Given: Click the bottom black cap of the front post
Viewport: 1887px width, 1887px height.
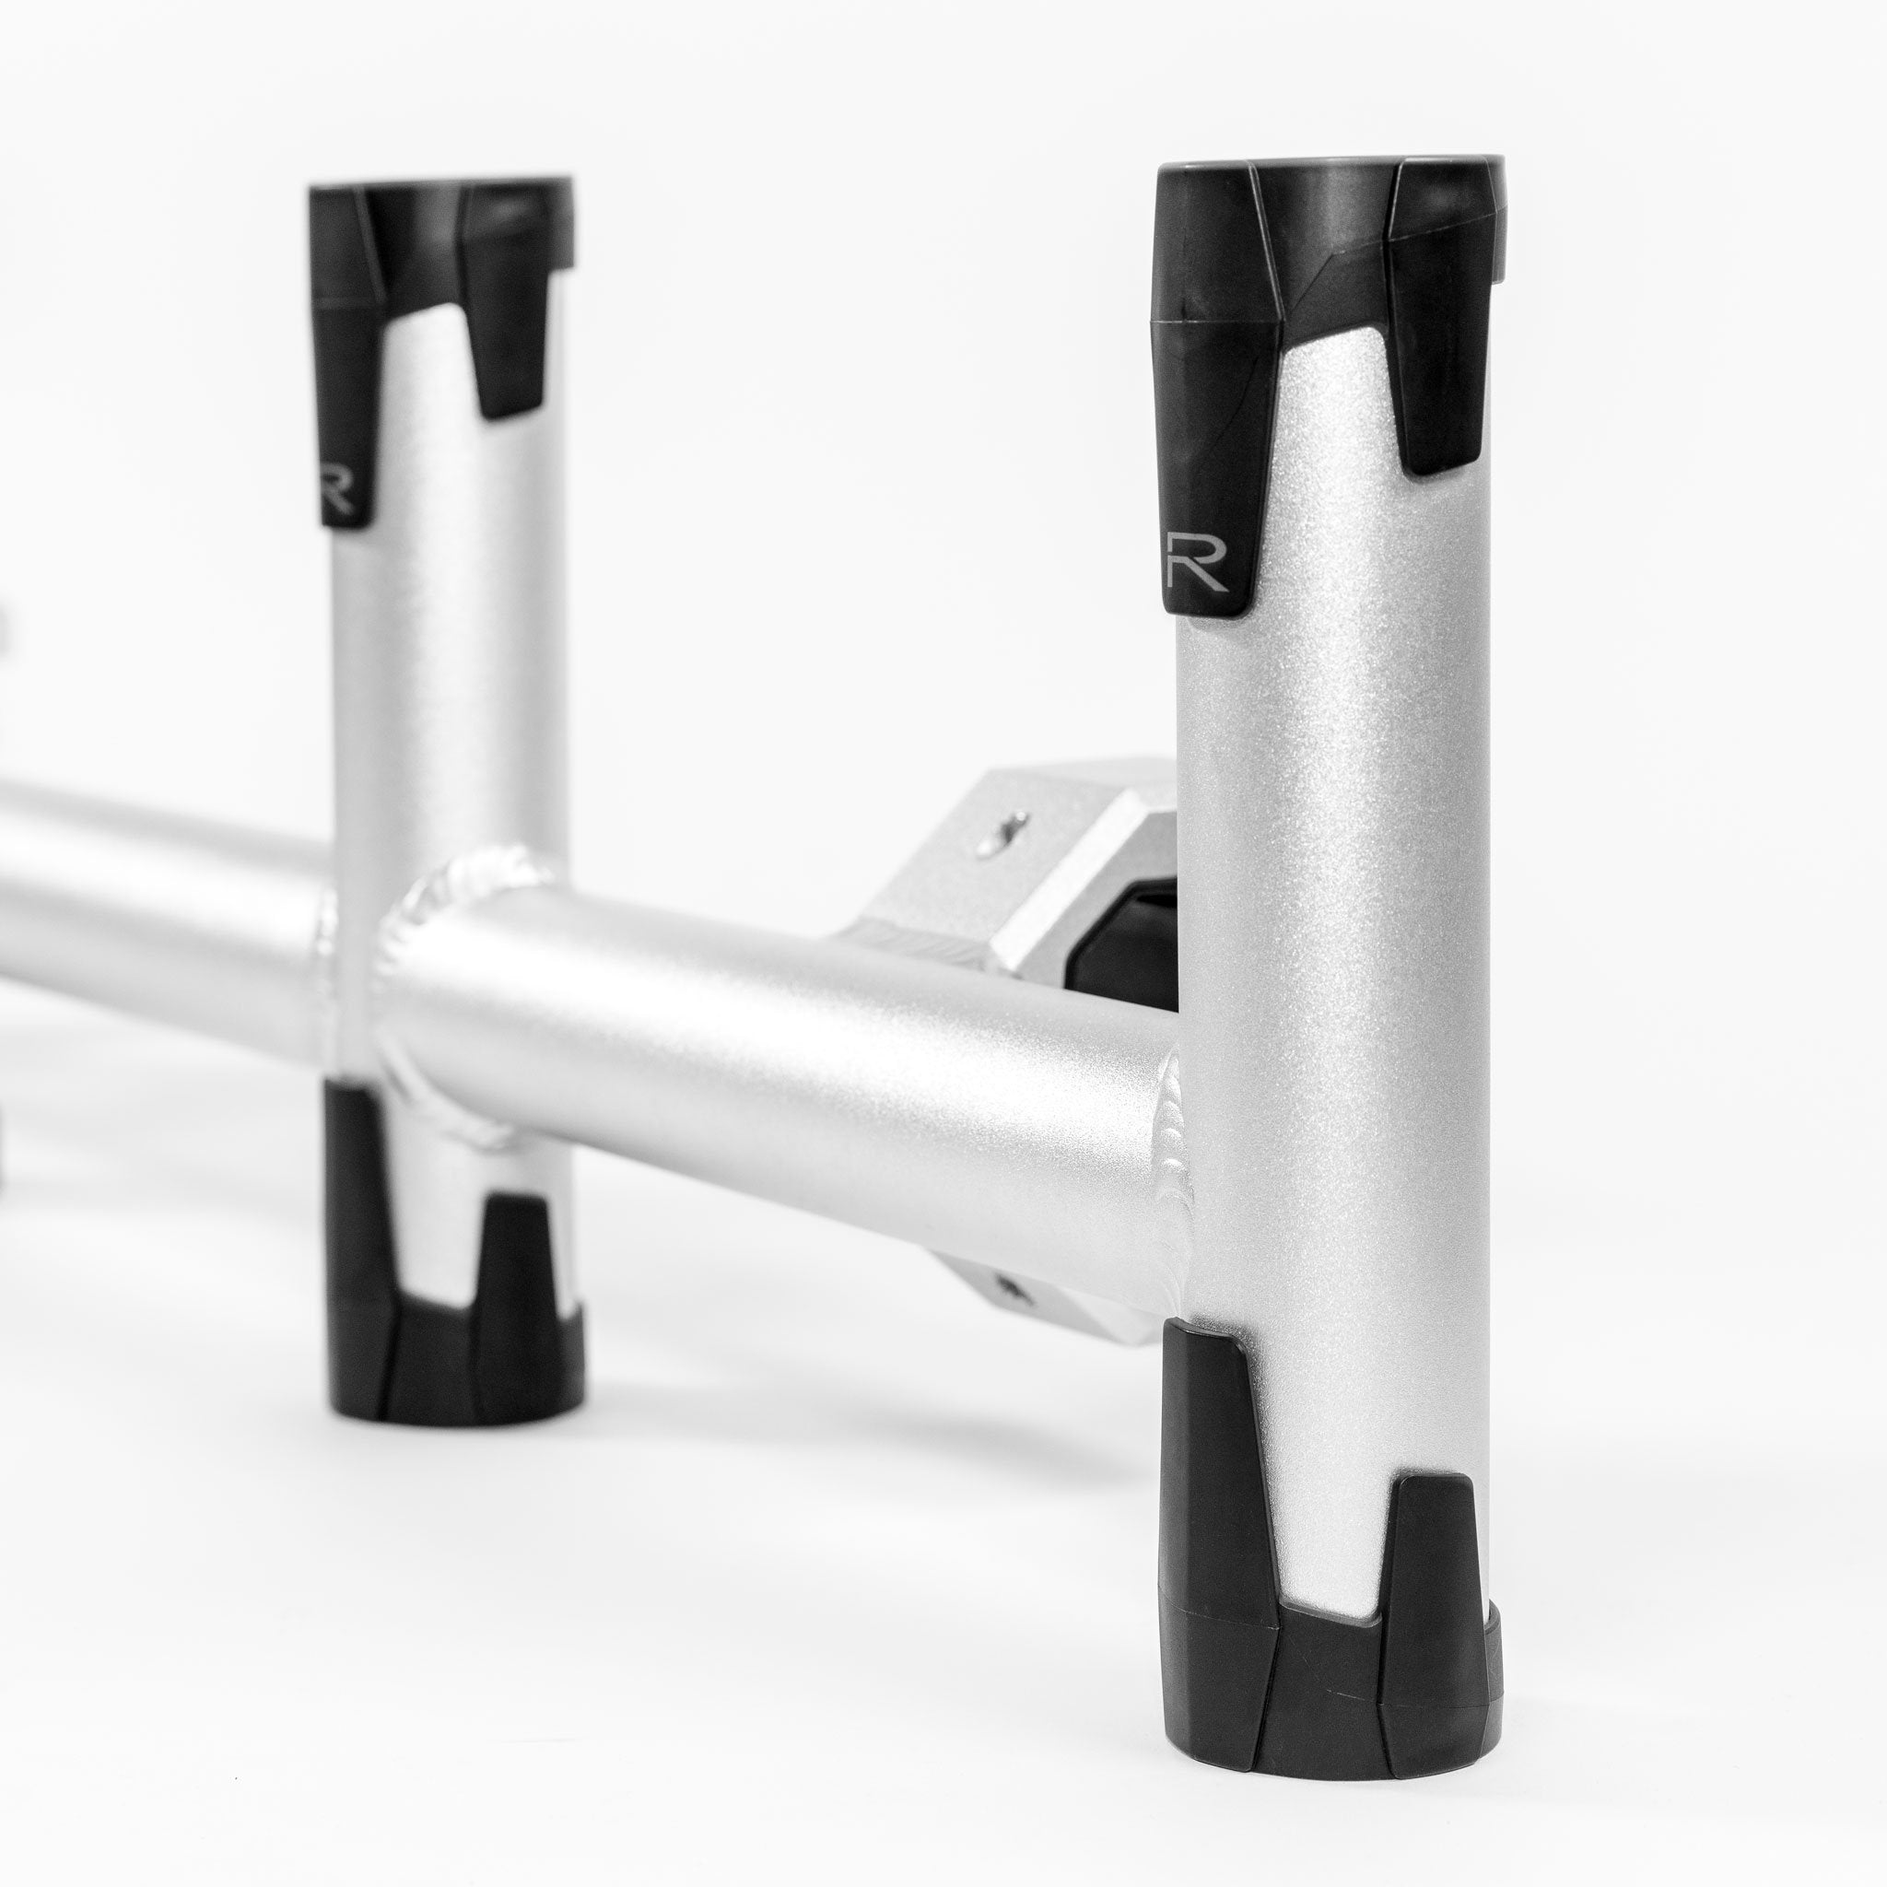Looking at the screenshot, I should tap(1329, 1660).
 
